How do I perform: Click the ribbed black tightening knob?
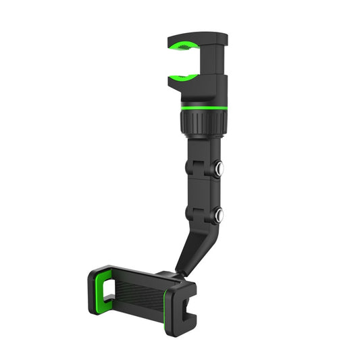point(203,124)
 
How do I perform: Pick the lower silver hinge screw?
point(220,215)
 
